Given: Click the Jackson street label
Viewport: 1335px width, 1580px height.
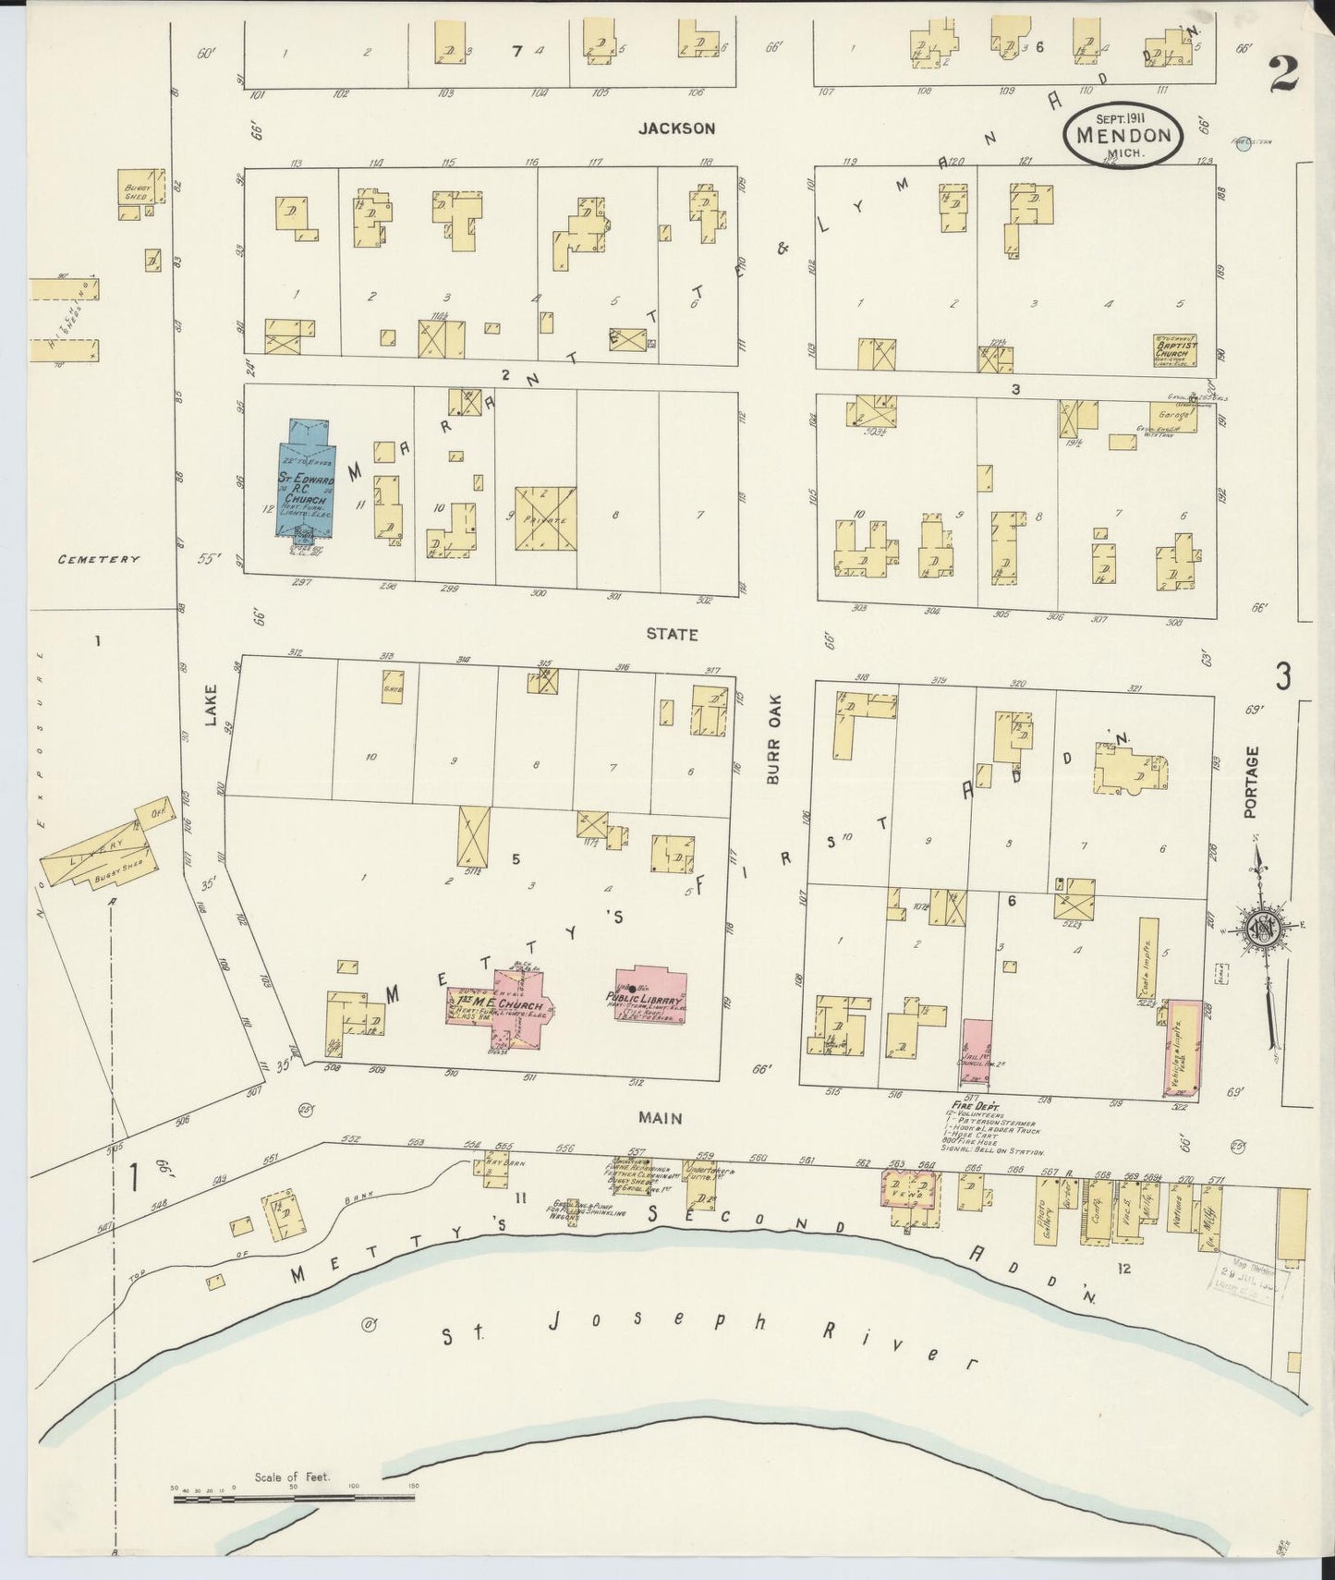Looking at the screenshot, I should [676, 129].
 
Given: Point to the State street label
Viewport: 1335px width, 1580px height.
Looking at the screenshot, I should [672, 636].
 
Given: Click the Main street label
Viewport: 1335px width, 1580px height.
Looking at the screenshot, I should [661, 1118].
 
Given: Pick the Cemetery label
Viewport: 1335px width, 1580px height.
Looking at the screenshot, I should [98, 559].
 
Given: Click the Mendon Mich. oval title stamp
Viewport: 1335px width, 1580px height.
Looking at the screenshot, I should [1123, 135].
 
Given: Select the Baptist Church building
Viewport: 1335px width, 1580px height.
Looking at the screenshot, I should [1175, 351].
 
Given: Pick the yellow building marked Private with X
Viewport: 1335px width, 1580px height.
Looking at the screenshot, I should [545, 518].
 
